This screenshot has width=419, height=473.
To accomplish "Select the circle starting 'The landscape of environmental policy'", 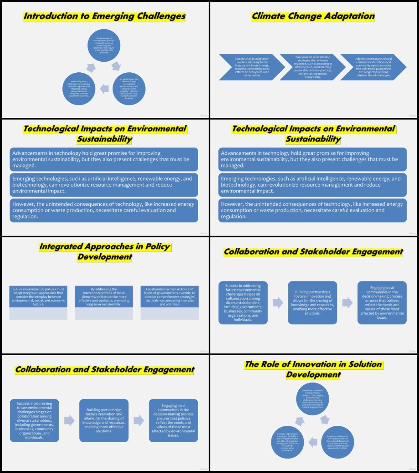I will pyautogui.click(x=104, y=45).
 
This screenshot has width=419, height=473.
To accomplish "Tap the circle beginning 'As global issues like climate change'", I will pyautogui.click(x=129, y=89).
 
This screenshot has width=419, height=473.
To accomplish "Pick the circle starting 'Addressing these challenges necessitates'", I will pyautogui.click(x=79, y=89).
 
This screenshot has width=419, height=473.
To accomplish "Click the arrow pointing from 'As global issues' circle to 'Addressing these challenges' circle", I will pyautogui.click(x=104, y=89).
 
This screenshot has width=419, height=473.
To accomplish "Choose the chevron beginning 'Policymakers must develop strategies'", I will pyautogui.click(x=312, y=67).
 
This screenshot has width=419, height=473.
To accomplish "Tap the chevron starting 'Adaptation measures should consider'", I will pyautogui.click(x=373, y=67).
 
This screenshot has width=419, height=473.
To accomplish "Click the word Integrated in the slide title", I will pyautogui.click(x=61, y=247).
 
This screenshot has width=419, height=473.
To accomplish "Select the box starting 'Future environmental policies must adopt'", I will pyautogui.click(x=38, y=297).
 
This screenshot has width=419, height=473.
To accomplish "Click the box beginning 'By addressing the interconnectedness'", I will pyautogui.click(x=104, y=297).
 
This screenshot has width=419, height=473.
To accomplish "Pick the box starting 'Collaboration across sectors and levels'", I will pyautogui.click(x=169, y=297).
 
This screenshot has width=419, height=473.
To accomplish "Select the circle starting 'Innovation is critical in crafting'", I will pyautogui.click(x=312, y=399).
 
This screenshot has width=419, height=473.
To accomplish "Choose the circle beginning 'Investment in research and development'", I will pyautogui.click(x=338, y=442).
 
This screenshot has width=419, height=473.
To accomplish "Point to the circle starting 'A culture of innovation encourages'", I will pyautogui.click(x=287, y=442).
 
